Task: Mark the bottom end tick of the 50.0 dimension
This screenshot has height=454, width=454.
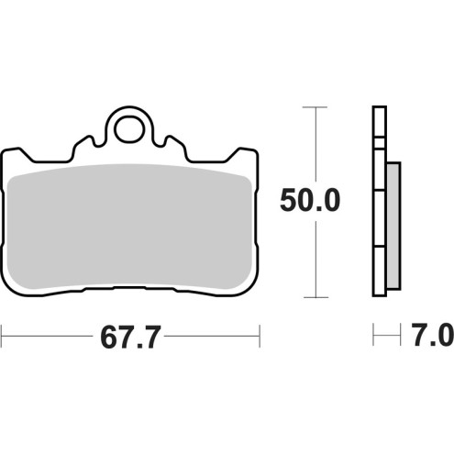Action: pyautogui.click(x=316, y=297)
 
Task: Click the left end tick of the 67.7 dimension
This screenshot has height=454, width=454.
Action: pyautogui.click(x=3, y=337)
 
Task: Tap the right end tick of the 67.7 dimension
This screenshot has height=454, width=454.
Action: pyautogui.click(x=261, y=337)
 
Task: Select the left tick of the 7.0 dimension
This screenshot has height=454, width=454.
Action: pyautogui.click(x=374, y=337)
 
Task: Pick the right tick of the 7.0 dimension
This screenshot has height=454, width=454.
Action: pyautogui.click(x=401, y=337)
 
